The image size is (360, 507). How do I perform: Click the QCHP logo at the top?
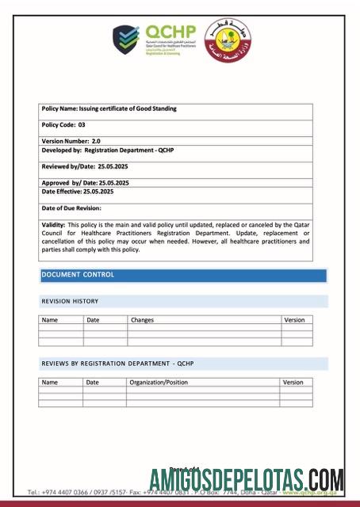pyautogui.click(x=151, y=40)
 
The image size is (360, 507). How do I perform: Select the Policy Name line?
pyautogui.click(x=109, y=109)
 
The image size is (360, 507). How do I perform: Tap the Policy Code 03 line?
pyautogui.click(x=63, y=125)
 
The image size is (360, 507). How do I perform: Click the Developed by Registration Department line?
pyautogui.click(x=105, y=149)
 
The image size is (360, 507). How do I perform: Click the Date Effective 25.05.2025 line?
pyautogui.click(x=78, y=192)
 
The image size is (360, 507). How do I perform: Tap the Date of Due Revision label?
pyautogui.click(x=71, y=208)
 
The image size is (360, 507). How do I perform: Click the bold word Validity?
pyautogui.click(x=53, y=226)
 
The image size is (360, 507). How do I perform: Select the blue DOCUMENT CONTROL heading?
pyautogui.click(x=78, y=275)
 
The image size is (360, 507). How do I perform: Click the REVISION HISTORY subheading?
pyautogui.click(x=70, y=302)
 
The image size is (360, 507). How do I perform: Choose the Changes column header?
pyautogui.click(x=143, y=319)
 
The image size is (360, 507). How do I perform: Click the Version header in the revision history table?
pyautogui.click(x=293, y=319)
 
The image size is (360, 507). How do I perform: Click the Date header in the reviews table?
pyautogui.click(x=93, y=382)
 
